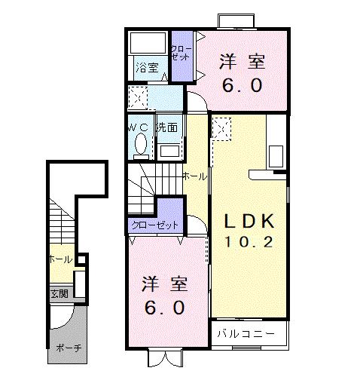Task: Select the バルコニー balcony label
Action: pyautogui.click(x=241, y=333)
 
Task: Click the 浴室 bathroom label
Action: pyautogui.click(x=147, y=68)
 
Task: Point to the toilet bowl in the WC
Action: pyautogui.click(x=141, y=143)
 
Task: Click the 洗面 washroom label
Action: pyautogui.click(x=167, y=127)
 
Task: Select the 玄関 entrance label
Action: pyautogui.click(x=59, y=293)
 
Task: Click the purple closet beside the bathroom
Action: pyautogui.click(x=182, y=54)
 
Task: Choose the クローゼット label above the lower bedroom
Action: pyautogui.click(x=155, y=225)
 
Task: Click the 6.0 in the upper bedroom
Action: pyautogui.click(x=242, y=85)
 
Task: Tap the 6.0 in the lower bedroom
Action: pyautogui.click(x=165, y=308)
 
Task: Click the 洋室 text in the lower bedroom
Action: pyautogui.click(x=165, y=285)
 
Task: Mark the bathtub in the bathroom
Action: pyautogui.click(x=148, y=42)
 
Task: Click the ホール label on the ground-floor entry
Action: pyautogui.click(x=59, y=259)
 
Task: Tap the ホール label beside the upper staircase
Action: pyautogui.click(x=194, y=176)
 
